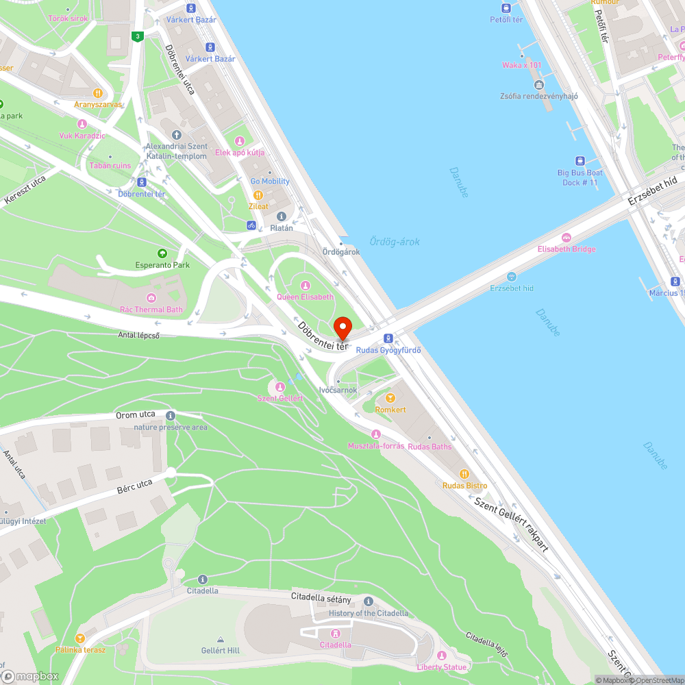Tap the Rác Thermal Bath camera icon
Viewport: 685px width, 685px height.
(x=151, y=297)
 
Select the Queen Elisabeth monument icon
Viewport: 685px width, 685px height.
(x=306, y=285)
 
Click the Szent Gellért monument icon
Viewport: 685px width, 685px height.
(x=279, y=387)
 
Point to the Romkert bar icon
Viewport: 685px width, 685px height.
(x=390, y=398)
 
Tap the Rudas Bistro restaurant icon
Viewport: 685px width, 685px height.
(x=464, y=474)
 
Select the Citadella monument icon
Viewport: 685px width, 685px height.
(x=335, y=633)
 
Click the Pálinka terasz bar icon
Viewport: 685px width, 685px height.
(x=81, y=638)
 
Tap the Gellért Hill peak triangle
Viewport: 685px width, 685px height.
(x=220, y=639)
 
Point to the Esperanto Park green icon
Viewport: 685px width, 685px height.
(x=162, y=253)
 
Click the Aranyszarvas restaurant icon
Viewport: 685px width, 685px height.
(x=98, y=92)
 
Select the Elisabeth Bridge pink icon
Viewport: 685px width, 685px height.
(x=566, y=238)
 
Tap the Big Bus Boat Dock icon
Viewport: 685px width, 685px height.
(x=580, y=161)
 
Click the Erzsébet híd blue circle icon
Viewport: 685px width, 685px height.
(x=511, y=277)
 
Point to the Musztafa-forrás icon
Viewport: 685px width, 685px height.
(x=375, y=434)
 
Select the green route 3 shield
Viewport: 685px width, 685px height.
(x=138, y=36)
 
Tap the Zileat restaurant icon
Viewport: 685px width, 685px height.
(x=258, y=195)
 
